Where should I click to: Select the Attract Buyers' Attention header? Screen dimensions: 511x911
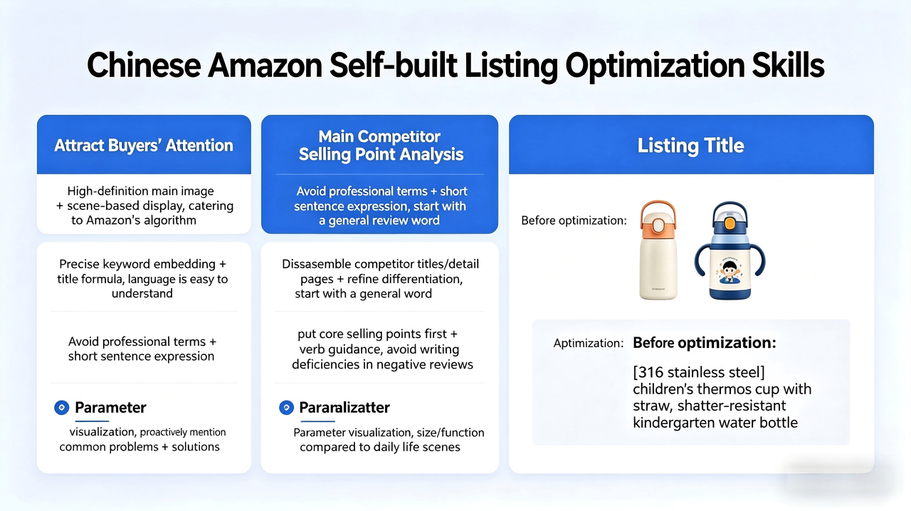tap(144, 146)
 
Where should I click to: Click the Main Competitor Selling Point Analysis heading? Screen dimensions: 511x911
tap(380, 145)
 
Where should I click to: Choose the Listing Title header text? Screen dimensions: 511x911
tap(690, 146)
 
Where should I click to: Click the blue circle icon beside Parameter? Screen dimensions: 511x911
tap(61, 408)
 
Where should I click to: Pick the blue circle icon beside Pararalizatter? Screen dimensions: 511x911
tap(285, 408)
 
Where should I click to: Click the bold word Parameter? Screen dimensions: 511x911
tap(110, 408)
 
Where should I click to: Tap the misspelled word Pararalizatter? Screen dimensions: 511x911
tap(344, 408)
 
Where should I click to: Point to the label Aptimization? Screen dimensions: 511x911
tap(588, 343)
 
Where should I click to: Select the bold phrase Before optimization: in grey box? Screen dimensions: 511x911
tap(704, 342)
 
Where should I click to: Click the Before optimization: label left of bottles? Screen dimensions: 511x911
tap(574, 221)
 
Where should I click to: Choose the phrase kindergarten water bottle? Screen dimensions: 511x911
tap(715, 423)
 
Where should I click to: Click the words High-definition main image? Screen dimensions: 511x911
tap(140, 191)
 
